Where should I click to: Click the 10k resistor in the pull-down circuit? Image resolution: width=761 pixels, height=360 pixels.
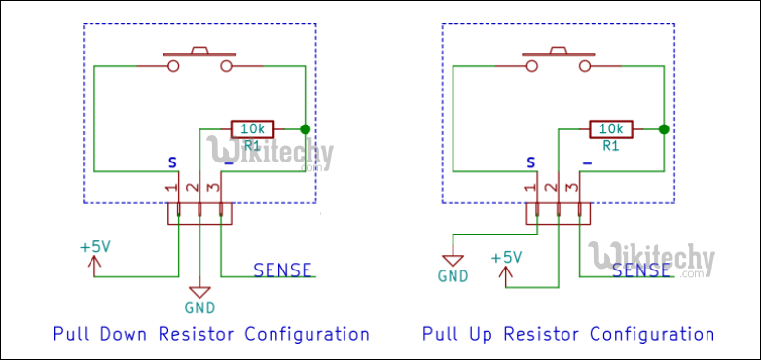point(252,128)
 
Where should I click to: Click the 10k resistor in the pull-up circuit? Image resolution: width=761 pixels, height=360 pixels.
point(611,128)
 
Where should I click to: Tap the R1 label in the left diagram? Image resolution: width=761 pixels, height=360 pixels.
point(252,146)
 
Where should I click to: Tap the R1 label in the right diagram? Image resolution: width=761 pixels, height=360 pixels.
point(611,146)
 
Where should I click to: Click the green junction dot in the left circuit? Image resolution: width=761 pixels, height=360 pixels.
point(305,128)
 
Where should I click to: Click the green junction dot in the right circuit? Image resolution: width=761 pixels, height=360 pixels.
point(664,128)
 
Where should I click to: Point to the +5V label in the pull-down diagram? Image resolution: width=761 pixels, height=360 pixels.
point(95,247)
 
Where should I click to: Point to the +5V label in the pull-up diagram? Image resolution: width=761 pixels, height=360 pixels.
point(507,258)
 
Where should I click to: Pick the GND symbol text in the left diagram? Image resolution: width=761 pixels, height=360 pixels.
point(199,309)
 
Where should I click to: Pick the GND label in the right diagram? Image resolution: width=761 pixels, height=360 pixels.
point(453,276)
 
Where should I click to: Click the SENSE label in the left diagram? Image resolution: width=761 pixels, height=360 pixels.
point(282,270)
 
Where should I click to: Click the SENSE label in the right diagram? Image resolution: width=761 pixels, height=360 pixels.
point(641,270)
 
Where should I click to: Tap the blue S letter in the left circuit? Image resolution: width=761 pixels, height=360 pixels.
point(173,162)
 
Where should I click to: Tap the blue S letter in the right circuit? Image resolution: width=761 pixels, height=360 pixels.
point(531,162)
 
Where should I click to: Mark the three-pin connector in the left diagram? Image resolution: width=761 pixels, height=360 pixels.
point(199,213)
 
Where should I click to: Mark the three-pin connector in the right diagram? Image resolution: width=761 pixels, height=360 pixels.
point(558,213)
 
